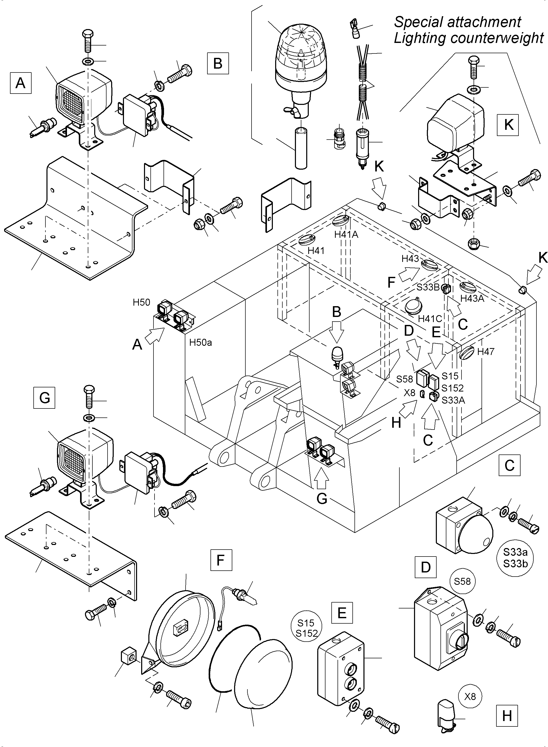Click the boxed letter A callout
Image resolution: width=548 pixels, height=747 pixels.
21,83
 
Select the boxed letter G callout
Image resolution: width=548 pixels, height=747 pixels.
44,398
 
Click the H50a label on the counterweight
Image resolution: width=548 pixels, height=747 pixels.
200,342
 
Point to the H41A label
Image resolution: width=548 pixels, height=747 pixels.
346,234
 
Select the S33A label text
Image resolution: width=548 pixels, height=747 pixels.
453,400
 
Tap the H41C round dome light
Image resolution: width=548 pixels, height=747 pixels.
413,306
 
